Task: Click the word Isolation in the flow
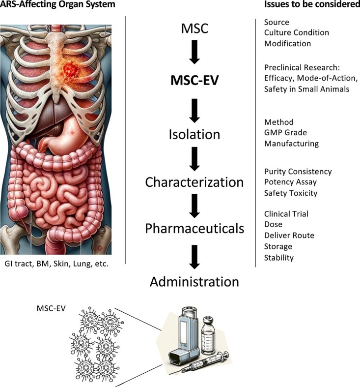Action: click(x=194, y=135)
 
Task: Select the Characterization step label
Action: click(x=194, y=182)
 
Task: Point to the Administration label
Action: click(x=194, y=282)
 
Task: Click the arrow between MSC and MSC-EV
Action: click(x=194, y=53)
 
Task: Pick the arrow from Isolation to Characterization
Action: click(x=194, y=158)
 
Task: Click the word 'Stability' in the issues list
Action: click(x=279, y=257)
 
